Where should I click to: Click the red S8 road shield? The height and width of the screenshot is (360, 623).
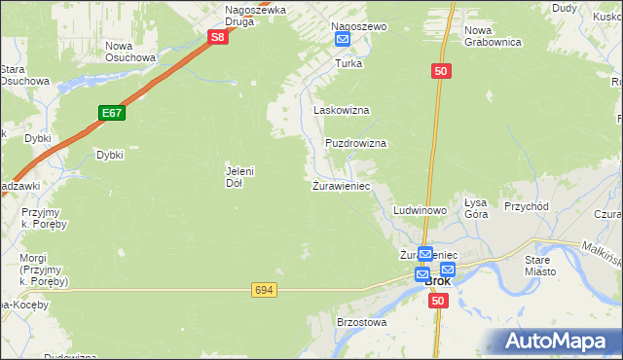click(x=219, y=38)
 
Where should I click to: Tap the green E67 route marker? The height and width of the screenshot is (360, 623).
click(x=112, y=114)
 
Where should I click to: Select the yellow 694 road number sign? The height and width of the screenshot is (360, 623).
click(x=263, y=290)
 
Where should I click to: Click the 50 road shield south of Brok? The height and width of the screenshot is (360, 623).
click(x=438, y=301)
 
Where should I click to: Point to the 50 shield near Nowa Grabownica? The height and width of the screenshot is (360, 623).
click(x=441, y=71)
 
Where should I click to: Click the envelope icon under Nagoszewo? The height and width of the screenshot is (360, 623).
click(x=343, y=39)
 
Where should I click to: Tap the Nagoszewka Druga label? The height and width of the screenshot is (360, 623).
click(x=255, y=16)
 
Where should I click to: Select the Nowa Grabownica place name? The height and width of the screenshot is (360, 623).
click(x=494, y=36)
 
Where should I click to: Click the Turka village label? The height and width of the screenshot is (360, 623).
click(x=348, y=63)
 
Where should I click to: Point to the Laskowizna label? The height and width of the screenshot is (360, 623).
click(x=341, y=111)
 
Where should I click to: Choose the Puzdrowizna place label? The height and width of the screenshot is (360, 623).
click(x=355, y=143)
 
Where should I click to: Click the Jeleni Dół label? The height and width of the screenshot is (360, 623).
click(x=239, y=176)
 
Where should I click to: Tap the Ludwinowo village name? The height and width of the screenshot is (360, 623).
click(x=420, y=210)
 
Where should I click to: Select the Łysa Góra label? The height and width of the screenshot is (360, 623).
click(x=475, y=208)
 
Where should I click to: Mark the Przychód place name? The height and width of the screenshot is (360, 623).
click(x=527, y=206)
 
